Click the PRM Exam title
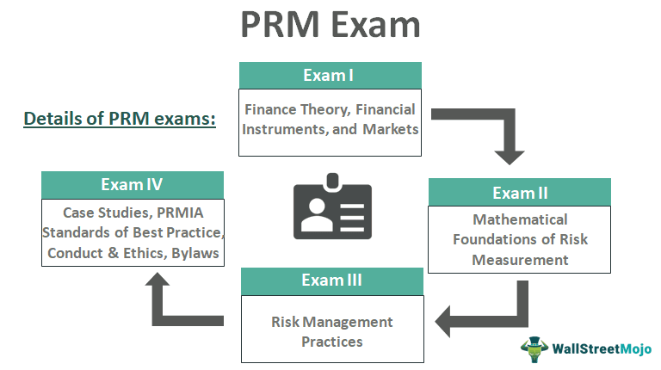[x=330, y=25]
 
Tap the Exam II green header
[x=519, y=192]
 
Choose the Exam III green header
[x=331, y=281]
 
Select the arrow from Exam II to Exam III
[x=491, y=315]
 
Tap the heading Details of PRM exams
[x=119, y=118]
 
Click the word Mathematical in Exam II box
[x=520, y=219]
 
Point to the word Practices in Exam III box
[x=331, y=342]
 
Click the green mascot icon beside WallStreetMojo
[x=534, y=348]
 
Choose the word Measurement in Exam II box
[x=520, y=259]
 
